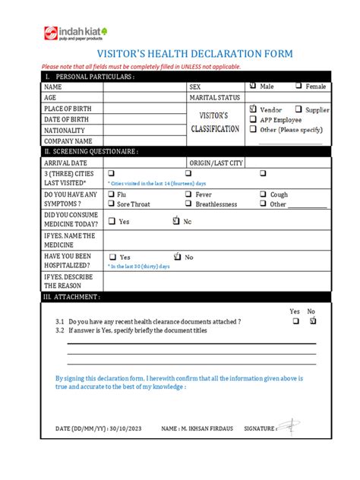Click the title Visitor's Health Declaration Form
(x=179, y=55)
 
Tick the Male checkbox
(x=253, y=87)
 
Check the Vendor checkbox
(x=253, y=109)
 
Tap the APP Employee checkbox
(x=253, y=119)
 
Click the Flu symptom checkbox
(x=112, y=194)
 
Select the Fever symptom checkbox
(x=188, y=194)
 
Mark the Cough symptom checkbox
(x=263, y=194)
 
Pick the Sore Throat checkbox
(x=112, y=204)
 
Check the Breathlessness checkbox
(x=188, y=204)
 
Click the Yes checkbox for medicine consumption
(x=112, y=222)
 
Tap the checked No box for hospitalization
(x=178, y=257)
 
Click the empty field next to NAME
(x=144, y=87)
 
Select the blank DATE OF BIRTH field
(x=144, y=119)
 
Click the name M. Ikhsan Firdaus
(x=201, y=429)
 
